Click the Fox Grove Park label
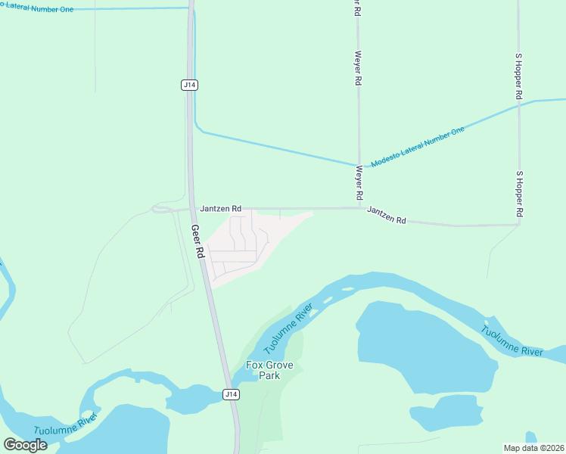tap(263, 370)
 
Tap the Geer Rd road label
tap(197, 242)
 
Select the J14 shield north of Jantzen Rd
tap(190, 86)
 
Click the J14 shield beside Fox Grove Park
tap(232, 394)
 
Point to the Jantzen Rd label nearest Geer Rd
tap(221, 208)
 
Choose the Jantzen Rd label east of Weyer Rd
tap(387, 215)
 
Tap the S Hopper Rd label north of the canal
tap(519, 76)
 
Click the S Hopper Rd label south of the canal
tap(519, 196)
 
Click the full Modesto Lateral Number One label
tap(418, 147)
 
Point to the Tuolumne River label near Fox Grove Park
tap(288, 329)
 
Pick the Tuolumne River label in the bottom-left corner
tap(67, 424)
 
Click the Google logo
tap(26, 445)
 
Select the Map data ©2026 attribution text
tap(533, 448)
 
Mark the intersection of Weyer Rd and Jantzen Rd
tap(359, 208)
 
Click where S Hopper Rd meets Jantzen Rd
tap(519, 224)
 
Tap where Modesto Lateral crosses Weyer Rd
tap(359, 165)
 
